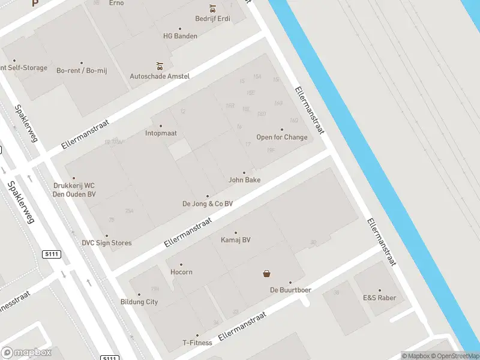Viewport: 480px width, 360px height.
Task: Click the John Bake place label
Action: [244, 179]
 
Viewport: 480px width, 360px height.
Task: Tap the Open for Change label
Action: [282, 137]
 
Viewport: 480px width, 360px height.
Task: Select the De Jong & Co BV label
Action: [208, 203]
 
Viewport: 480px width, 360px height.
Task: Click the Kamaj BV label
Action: [236, 239]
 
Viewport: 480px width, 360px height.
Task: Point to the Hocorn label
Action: [181, 272]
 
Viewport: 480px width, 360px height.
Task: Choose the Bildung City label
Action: [139, 301]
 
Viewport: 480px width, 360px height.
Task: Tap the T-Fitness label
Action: [197, 343]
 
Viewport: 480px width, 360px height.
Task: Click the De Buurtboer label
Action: [290, 290]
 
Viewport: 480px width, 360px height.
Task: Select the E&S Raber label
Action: [379, 297]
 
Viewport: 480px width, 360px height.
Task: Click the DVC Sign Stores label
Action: [107, 242]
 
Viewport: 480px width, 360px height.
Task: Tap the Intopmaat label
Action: [161, 133]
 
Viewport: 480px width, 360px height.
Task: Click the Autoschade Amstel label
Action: [160, 76]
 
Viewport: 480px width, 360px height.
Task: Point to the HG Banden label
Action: [180, 35]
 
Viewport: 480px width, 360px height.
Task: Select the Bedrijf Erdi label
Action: [212, 18]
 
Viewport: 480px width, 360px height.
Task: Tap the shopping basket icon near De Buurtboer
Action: [266, 274]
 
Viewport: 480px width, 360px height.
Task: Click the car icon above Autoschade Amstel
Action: [160, 65]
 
